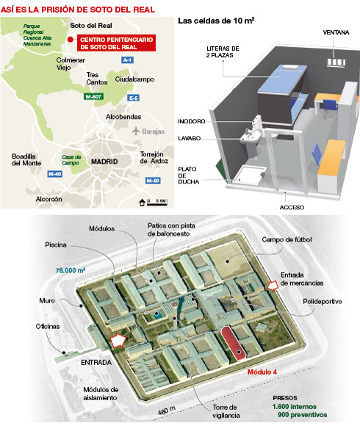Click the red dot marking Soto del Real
71,40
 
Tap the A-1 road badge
127,60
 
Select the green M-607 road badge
93,97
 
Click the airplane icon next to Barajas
136,131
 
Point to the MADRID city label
104,162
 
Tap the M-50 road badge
153,181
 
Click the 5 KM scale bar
157,205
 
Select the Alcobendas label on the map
123,117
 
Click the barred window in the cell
336,62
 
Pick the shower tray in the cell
248,174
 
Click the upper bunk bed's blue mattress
282,78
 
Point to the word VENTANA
336,32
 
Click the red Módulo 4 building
233,343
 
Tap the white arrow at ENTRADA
118,340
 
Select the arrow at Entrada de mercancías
273,286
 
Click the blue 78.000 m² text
71,270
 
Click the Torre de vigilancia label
226,411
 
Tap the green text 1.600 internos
295,407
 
